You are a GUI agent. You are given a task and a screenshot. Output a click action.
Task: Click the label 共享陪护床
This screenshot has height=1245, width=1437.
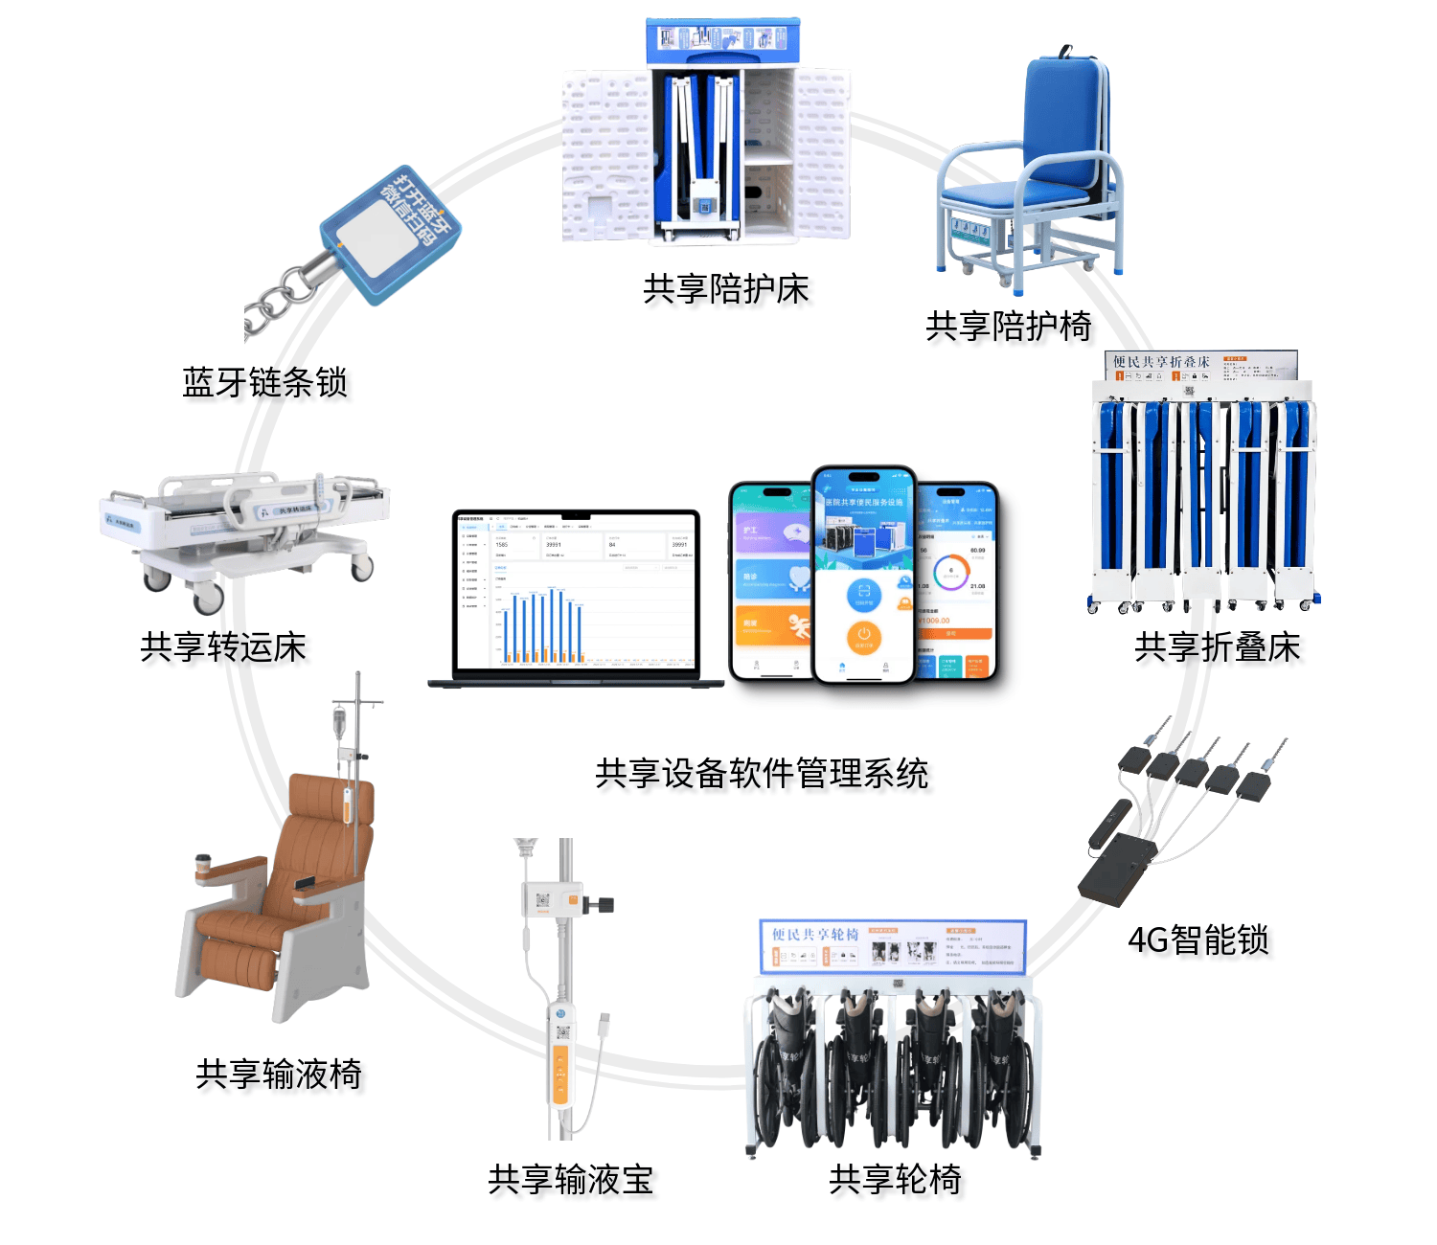pos(725,288)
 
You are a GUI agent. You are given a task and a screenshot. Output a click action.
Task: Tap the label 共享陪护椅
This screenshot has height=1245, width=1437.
pos(1008,326)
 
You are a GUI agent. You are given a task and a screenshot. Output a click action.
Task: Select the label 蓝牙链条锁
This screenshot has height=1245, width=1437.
pos(264,382)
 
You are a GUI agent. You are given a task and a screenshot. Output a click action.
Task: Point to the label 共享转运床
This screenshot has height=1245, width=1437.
pos(223,646)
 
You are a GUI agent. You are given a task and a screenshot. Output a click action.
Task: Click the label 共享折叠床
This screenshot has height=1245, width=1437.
pos(1217,646)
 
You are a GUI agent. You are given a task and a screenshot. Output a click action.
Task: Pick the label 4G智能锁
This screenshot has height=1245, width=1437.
pos(1197,939)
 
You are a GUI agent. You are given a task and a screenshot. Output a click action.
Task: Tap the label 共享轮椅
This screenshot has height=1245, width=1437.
pos(895,1179)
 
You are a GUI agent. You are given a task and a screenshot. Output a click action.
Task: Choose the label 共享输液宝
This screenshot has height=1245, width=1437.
pos(570,1179)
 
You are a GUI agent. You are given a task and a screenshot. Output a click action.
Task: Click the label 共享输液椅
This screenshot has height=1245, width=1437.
pos(278,1074)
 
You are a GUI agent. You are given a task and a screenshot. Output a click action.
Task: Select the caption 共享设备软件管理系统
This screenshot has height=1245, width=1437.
pos(762,773)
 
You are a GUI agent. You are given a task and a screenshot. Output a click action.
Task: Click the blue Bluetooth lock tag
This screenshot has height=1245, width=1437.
pos(390,235)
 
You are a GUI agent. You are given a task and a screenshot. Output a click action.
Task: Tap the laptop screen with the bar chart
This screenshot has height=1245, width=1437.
pos(576,592)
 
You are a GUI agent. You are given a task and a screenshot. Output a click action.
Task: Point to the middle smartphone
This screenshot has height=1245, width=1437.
pos(864,575)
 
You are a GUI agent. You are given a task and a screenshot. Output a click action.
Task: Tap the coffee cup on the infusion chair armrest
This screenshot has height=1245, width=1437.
pos(203,863)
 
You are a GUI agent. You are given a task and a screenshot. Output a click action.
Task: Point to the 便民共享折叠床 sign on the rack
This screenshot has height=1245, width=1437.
pos(1201,365)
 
